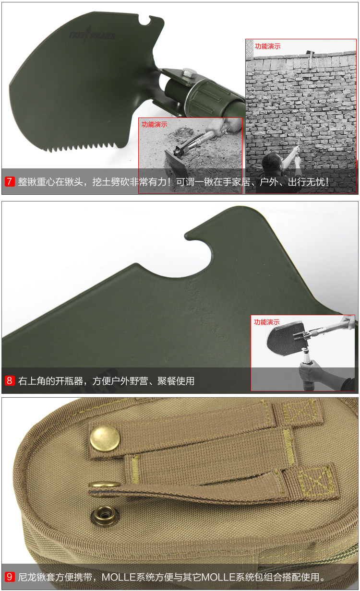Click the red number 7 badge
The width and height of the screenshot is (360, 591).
(10, 181)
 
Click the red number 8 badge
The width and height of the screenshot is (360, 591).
(10, 380)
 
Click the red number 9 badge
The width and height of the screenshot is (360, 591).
(10, 577)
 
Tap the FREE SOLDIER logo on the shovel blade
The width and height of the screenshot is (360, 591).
(92, 35)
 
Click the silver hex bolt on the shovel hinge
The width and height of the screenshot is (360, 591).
(189, 72)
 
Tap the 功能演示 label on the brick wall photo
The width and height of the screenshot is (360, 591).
(267, 47)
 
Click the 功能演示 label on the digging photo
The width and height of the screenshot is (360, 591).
(155, 124)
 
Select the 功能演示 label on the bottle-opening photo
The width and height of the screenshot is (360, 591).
(266, 322)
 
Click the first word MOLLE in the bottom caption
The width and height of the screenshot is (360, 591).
(119, 577)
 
